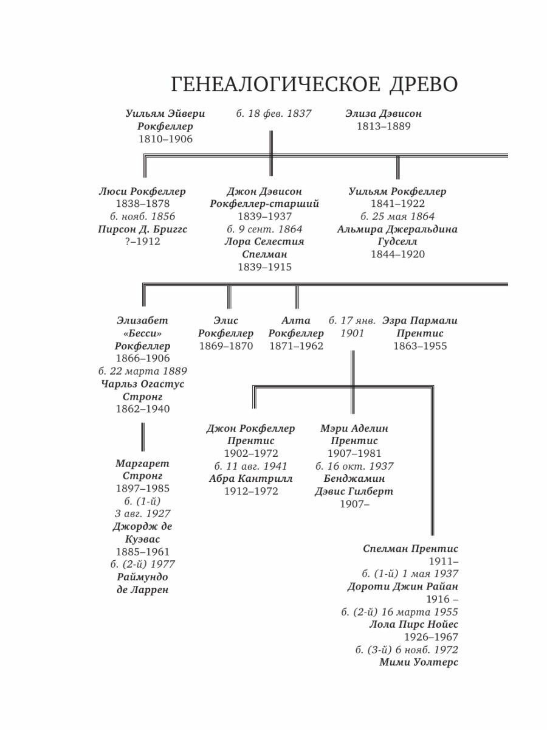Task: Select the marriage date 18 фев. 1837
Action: (273, 113)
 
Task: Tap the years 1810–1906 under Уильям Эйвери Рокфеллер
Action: (165, 139)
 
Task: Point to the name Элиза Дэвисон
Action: (384, 113)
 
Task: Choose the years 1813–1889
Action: (384, 126)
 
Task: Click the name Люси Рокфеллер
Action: (142, 191)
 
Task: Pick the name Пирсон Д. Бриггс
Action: (142, 229)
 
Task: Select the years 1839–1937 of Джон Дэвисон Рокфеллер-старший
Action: (264, 217)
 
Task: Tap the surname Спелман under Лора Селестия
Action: (264, 254)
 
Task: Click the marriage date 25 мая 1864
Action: (397, 217)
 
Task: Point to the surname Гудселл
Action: (397, 242)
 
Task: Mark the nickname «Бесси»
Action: (142, 333)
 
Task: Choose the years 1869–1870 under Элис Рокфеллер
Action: (226, 346)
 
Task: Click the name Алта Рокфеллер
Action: (296, 327)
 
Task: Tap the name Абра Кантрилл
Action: (250, 479)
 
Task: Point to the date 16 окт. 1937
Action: (354, 466)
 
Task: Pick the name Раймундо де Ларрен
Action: (142, 583)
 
